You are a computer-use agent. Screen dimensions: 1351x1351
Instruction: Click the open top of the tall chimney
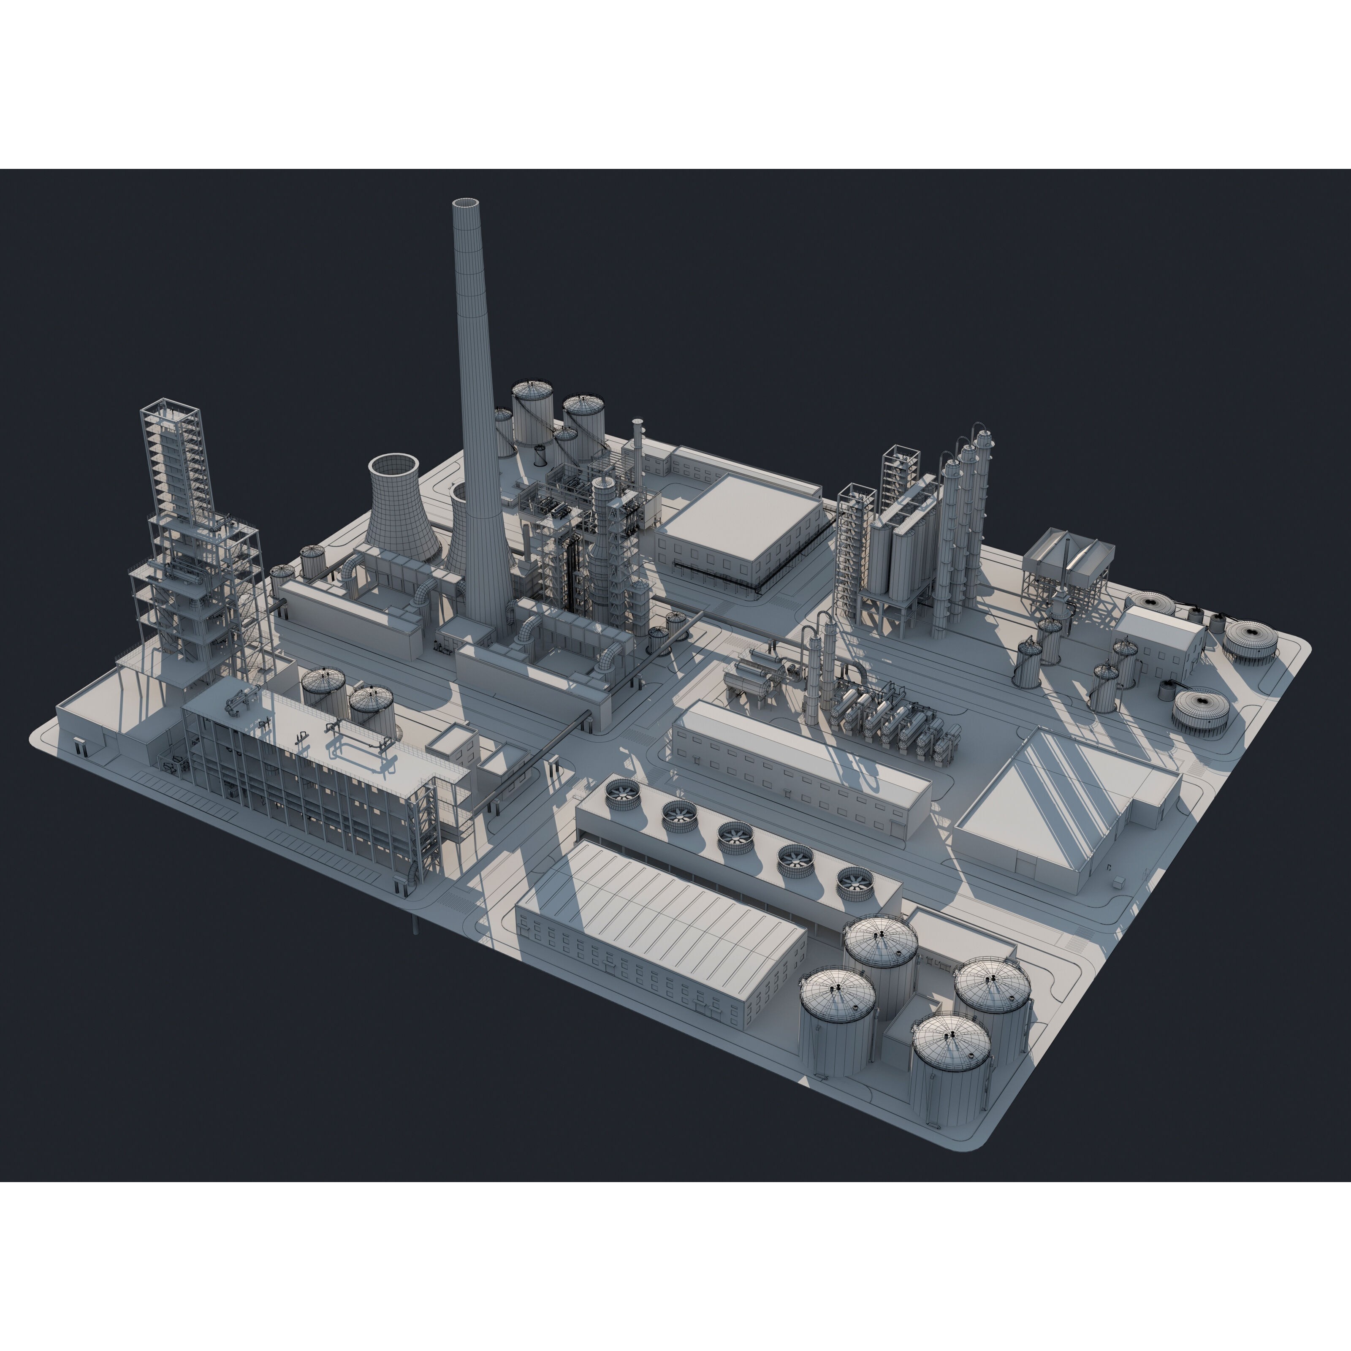tap(466, 203)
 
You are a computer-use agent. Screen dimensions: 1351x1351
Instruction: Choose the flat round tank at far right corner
tap(1250, 638)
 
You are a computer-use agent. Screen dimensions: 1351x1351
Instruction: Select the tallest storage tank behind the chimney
tap(532, 412)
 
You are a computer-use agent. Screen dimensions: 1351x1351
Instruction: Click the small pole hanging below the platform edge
tap(415, 927)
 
